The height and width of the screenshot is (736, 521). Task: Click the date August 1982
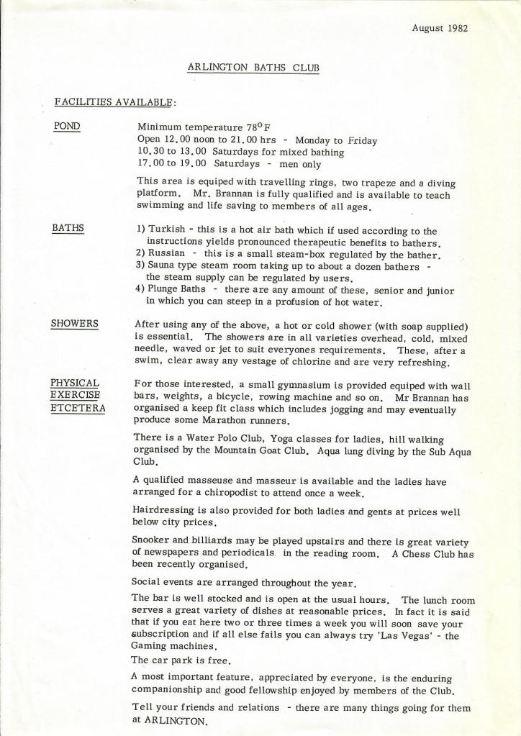(x=440, y=29)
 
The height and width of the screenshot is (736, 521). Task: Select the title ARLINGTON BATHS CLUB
(x=253, y=68)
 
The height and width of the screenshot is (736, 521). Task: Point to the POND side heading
(x=67, y=127)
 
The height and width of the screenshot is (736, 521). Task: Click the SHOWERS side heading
(x=75, y=324)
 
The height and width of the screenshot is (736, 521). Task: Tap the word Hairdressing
(x=166, y=512)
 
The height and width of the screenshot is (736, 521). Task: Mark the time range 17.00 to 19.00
(x=172, y=164)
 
